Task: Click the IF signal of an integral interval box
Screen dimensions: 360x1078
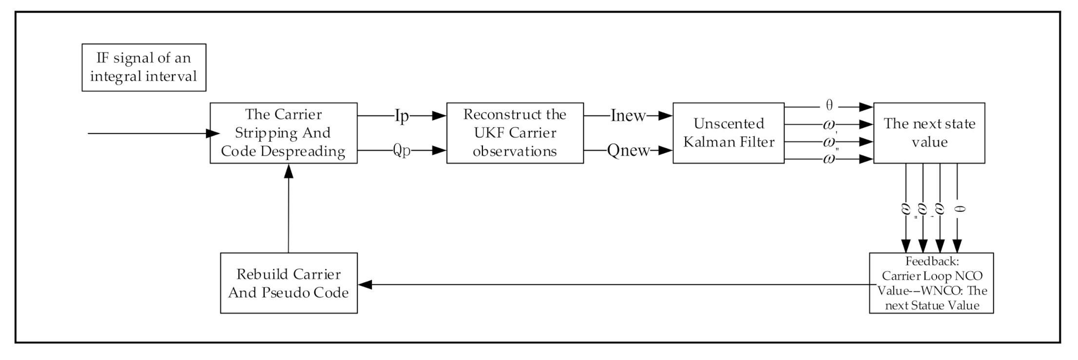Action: pos(144,67)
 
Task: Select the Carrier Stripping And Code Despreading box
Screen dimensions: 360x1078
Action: pos(283,133)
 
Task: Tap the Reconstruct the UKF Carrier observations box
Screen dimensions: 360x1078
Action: pos(515,133)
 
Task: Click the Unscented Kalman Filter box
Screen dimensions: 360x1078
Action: pos(728,133)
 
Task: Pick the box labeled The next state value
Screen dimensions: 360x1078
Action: pos(929,133)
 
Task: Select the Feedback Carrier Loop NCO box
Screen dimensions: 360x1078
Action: pos(931,283)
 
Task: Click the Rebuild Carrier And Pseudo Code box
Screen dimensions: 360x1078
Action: pos(289,283)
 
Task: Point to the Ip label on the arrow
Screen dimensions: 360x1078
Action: pos(401,116)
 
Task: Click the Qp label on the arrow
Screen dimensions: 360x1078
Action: pos(402,151)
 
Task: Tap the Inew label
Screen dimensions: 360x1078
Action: pos(628,116)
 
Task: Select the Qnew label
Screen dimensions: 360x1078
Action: pos(628,151)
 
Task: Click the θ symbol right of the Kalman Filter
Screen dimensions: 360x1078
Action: pos(829,106)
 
